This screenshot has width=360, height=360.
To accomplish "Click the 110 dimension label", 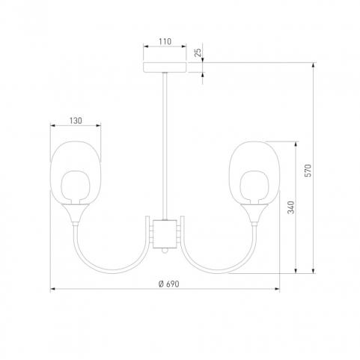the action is click(x=165, y=41).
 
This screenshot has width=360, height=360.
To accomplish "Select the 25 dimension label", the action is click(x=198, y=52).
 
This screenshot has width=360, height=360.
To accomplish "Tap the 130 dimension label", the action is click(x=76, y=120).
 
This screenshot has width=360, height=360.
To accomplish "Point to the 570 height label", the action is click(x=308, y=171).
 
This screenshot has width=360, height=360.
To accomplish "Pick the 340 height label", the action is click(x=291, y=207).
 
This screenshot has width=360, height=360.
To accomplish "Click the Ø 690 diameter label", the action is click(x=169, y=284).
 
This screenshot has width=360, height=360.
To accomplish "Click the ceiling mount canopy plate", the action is click(x=165, y=67).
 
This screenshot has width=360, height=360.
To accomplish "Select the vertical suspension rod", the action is click(x=165, y=146).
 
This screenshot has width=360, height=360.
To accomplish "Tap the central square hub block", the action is click(x=165, y=234).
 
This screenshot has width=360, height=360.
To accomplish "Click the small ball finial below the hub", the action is click(x=165, y=251).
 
